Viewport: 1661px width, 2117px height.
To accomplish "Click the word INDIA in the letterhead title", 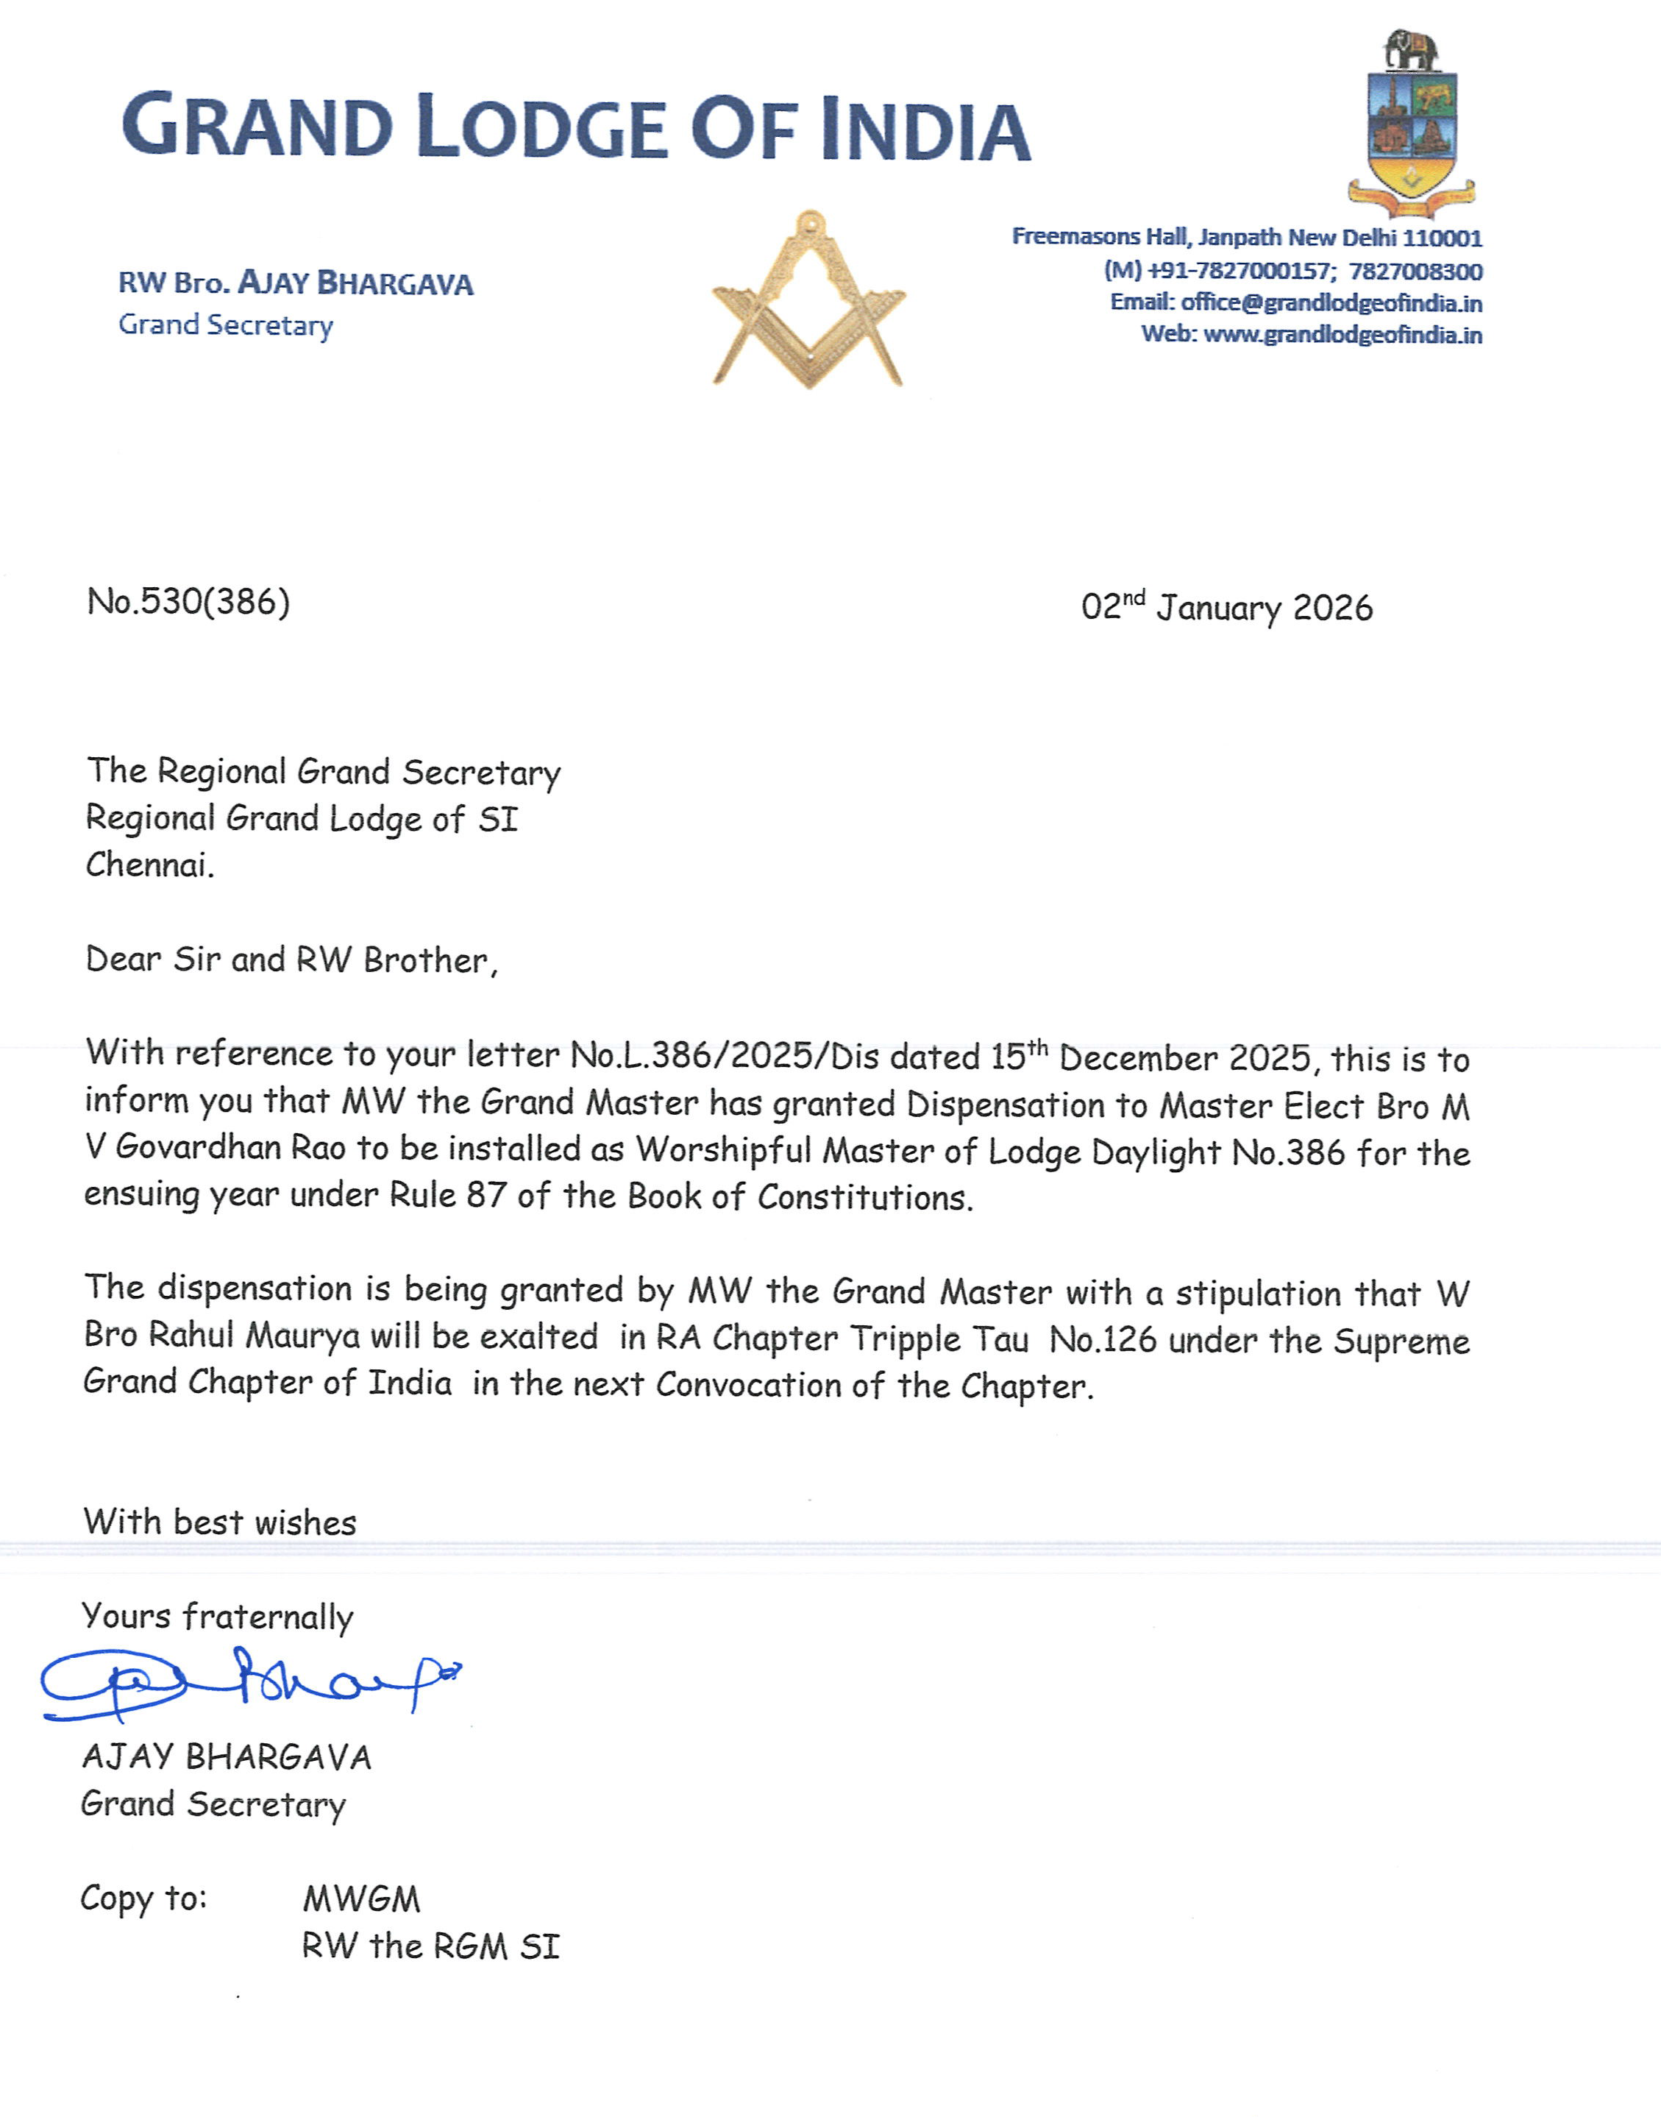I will click(x=925, y=130).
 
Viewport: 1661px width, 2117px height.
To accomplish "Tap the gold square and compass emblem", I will click(x=808, y=302).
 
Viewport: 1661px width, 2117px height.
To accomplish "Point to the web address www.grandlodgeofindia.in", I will click(x=1342, y=335).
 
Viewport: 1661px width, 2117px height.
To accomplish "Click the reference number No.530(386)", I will click(x=188, y=601).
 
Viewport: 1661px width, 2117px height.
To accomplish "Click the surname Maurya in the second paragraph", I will click(x=302, y=1336).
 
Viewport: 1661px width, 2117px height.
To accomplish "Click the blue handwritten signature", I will click(x=248, y=1682).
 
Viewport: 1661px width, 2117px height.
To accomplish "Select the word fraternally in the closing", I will click(x=268, y=1617).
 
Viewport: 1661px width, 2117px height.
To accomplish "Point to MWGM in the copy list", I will click(x=362, y=1899).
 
